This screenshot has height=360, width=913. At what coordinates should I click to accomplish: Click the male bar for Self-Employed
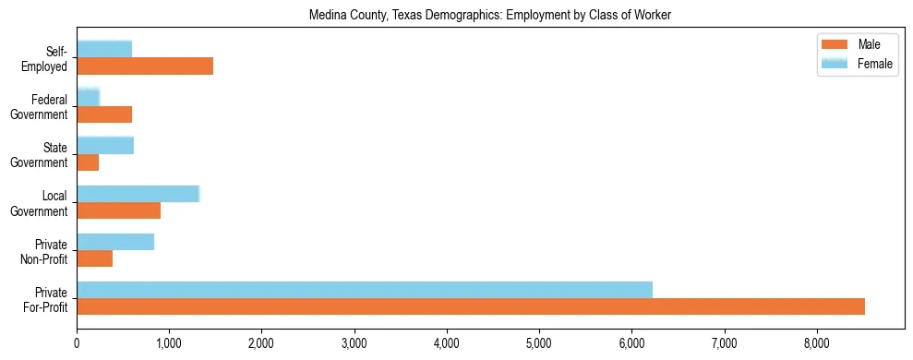click(145, 66)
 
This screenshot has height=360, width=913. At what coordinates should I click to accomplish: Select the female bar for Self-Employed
click(104, 49)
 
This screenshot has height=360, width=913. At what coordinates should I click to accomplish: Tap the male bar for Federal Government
click(104, 114)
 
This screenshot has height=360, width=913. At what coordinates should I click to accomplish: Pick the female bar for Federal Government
click(88, 97)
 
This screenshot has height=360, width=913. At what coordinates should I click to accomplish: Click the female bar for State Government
click(105, 145)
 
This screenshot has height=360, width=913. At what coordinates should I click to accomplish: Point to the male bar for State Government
click(88, 162)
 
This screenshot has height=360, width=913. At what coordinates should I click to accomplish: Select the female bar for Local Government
click(138, 193)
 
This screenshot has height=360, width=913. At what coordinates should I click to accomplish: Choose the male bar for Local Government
click(118, 210)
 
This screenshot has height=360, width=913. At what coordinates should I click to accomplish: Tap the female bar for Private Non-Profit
click(115, 242)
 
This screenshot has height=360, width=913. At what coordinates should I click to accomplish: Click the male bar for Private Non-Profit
click(94, 258)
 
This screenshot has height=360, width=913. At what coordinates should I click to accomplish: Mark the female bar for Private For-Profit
click(365, 290)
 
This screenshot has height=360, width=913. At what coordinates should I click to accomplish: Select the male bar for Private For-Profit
click(471, 306)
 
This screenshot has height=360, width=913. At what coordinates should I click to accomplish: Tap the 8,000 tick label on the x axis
click(817, 343)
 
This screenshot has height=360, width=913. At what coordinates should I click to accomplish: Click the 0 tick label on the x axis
click(77, 343)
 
